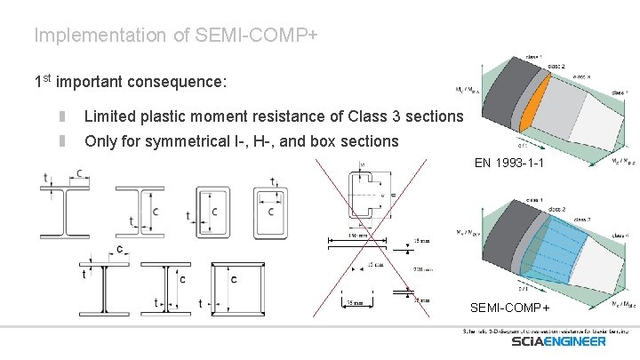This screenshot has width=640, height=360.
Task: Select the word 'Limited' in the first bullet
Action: coord(109,117)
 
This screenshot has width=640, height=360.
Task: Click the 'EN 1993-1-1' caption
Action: coord(508,163)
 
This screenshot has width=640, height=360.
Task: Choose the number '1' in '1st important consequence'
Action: coord(38,83)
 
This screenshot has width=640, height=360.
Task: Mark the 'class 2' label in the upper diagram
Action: coord(556,66)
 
